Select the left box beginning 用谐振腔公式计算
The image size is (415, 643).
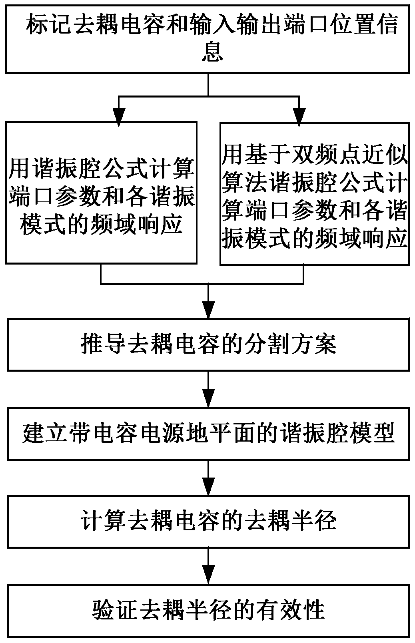point(101,193)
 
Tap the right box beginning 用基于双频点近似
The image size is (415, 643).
point(315,193)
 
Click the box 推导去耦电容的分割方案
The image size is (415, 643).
point(208,344)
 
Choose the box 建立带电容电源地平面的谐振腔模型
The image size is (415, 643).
point(208,434)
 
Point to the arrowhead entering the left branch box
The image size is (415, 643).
point(118,116)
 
